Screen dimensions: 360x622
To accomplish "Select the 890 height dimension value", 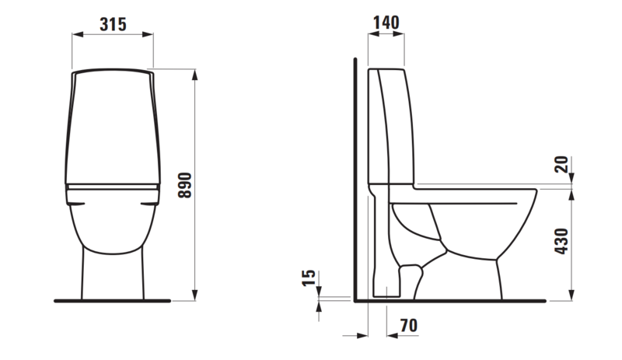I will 184,184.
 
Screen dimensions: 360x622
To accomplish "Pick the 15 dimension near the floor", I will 309,280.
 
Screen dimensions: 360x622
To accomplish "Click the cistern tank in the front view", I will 113,124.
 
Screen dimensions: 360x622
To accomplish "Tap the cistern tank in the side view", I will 393,124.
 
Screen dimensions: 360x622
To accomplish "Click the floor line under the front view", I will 113,299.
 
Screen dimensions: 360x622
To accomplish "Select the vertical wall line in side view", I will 355,179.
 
